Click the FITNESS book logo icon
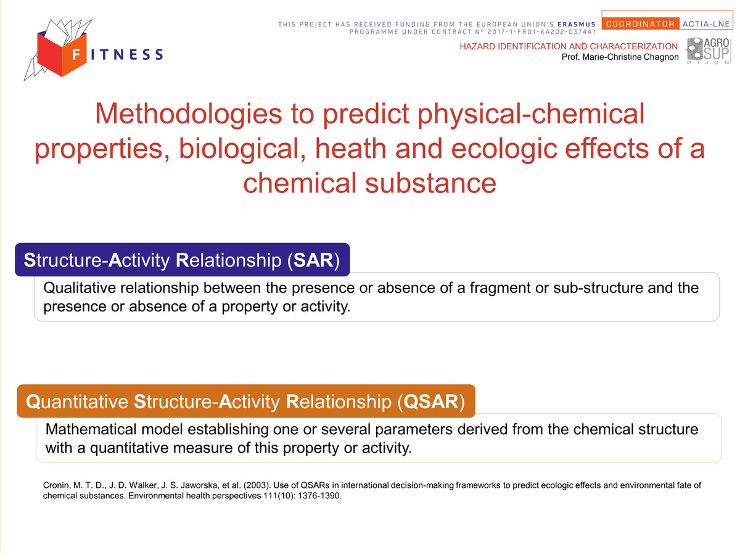tap(58, 49)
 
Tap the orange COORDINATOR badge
tap(640, 24)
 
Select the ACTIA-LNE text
tap(706, 24)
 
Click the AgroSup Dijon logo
tap(709, 51)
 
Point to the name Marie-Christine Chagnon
tap(630, 57)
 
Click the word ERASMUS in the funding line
tap(577, 24)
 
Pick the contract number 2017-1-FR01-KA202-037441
tap(542, 31)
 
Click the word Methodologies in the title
tap(189, 115)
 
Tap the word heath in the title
tap(351, 149)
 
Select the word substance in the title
tap(430, 183)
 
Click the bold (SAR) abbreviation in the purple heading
tap(313, 260)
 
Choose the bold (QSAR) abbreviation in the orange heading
tap(431, 401)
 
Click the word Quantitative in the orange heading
tap(77, 401)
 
